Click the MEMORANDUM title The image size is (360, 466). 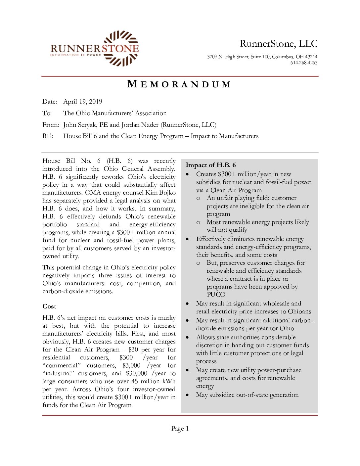point(179,84)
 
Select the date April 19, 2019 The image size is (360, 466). point(83,102)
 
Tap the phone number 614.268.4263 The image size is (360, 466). point(304,63)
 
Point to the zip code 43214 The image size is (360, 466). point(311,57)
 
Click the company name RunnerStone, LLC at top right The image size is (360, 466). point(279,44)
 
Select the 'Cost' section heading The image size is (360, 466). point(49,306)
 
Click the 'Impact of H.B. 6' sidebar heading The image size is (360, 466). point(211,165)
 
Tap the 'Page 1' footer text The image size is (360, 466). point(180,429)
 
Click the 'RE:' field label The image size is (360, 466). point(48,136)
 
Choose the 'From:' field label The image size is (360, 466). point(51,125)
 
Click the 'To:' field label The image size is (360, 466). point(47,113)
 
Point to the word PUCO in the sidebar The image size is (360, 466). point(216,295)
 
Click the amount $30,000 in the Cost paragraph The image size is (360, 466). point(136,373)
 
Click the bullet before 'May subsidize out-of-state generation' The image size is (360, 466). point(188,395)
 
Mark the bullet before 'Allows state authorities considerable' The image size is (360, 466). point(188,337)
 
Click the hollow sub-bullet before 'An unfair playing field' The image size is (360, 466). point(198,198)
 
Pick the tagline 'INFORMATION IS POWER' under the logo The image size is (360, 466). point(76,55)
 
